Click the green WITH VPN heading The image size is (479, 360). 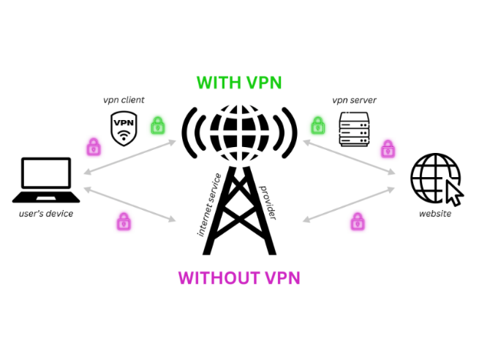point(239,83)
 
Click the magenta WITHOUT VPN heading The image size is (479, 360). point(239,277)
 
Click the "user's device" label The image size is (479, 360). point(46,214)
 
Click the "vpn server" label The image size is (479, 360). point(353,100)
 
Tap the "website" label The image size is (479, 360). point(434,214)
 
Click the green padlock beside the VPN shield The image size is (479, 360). point(158,126)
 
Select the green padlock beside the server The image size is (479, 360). point(318,125)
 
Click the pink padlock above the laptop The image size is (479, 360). point(93,146)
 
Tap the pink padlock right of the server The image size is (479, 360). point(388,149)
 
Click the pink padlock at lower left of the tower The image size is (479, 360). point(123,220)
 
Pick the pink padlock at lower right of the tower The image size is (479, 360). point(358,220)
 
